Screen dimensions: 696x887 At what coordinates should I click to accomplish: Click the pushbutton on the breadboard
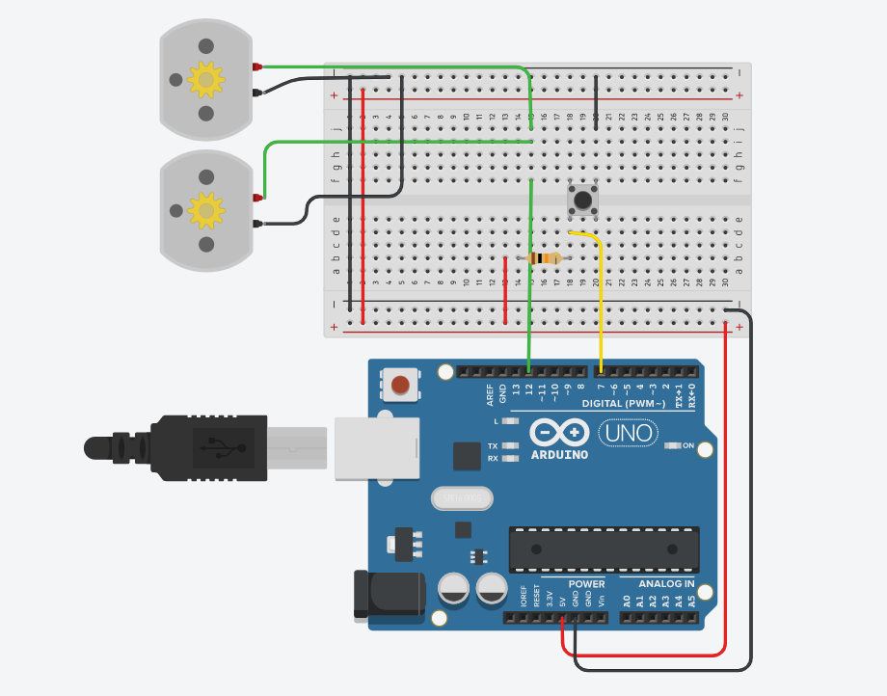point(582,201)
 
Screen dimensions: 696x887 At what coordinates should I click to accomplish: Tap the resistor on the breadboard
point(546,258)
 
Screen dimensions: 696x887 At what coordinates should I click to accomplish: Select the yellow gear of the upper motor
point(205,80)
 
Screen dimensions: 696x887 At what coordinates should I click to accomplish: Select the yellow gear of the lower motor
point(205,209)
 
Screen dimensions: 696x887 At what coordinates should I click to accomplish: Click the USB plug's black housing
point(208,447)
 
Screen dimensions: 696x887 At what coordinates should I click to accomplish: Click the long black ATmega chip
point(604,550)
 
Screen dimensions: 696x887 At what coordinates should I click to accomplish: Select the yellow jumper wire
point(601,299)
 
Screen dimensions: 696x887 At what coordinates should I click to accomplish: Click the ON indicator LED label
point(687,445)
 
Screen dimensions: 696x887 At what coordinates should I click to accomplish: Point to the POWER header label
point(586,584)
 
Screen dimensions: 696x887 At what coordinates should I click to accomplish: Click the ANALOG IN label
point(666,584)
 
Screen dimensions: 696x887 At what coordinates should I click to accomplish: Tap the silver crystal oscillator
point(462,498)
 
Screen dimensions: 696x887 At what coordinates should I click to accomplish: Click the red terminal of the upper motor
point(257,67)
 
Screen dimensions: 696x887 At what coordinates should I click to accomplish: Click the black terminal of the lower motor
point(257,224)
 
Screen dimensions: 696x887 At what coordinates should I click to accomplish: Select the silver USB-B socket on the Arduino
point(377,448)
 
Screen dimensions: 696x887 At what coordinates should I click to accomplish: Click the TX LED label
point(493,446)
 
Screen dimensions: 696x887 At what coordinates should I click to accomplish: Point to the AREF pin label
point(490,393)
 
